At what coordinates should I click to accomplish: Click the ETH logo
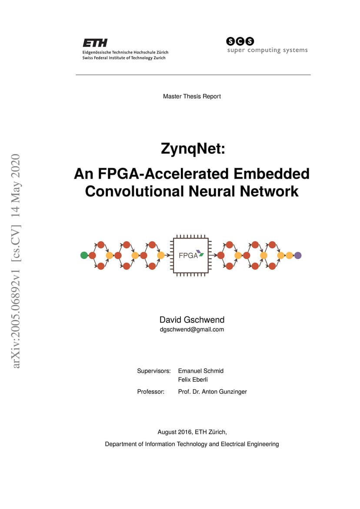[x=95, y=43]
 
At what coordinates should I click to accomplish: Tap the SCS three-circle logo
[x=240, y=41]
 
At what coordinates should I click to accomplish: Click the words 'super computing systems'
[x=267, y=50]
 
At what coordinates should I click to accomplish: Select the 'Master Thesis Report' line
[x=192, y=96]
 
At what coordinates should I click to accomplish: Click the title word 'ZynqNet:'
[x=193, y=149]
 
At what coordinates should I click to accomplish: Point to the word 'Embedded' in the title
[x=271, y=174]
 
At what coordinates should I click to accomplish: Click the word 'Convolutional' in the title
[x=134, y=191]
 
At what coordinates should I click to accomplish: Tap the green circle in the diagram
[x=84, y=255]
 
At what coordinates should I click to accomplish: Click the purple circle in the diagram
[x=298, y=256]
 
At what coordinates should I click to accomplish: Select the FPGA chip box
[x=191, y=256]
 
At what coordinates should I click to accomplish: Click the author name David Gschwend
[x=192, y=320]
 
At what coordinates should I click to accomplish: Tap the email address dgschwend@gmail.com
[x=192, y=329]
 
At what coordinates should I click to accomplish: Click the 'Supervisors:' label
[x=154, y=371]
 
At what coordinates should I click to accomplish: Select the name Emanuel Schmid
[x=200, y=371]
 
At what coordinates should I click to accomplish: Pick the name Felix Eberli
[x=193, y=379]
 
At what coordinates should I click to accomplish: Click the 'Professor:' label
[x=150, y=392]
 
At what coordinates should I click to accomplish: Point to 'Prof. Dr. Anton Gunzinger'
[x=212, y=392]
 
